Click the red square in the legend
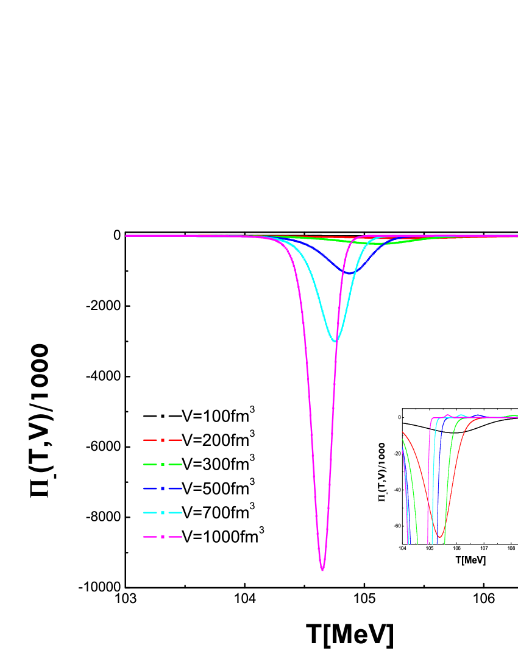[163, 440]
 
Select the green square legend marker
[163, 464]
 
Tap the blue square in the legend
[163, 488]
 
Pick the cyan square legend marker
[163, 513]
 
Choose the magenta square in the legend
[163, 537]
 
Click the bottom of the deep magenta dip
[322, 569]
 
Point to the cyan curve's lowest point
[335, 340]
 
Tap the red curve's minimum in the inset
[439, 537]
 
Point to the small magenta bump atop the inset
[448, 415]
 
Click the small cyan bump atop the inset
[461, 415]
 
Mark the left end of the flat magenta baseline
[127, 236]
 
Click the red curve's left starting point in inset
[403, 433]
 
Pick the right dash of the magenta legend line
[176, 537]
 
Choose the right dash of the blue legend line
[176, 488]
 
